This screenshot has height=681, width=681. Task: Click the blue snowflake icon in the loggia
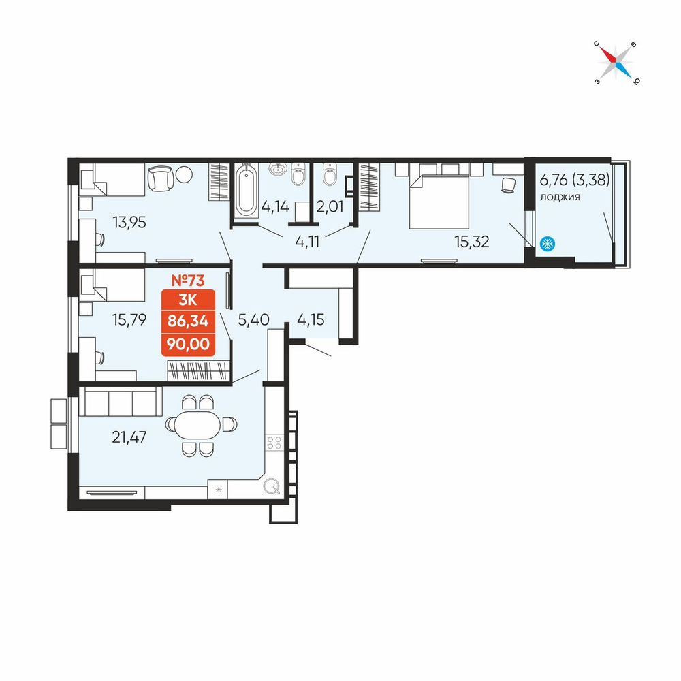tap(548, 244)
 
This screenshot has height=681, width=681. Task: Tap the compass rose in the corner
tap(616, 63)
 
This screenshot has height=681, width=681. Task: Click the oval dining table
tap(198, 425)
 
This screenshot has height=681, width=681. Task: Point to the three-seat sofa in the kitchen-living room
tap(121, 401)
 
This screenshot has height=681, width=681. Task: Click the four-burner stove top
tap(274, 443)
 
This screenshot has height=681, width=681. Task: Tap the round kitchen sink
tap(272, 486)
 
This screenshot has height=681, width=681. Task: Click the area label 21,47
tap(129, 437)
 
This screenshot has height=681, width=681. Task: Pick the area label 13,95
tap(129, 223)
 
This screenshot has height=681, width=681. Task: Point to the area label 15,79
tap(129, 319)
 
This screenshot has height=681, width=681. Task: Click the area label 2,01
tap(330, 206)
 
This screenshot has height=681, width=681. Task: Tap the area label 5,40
tap(253, 319)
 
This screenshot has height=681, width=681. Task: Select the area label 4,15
tap(311, 319)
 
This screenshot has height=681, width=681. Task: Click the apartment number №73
tap(188, 281)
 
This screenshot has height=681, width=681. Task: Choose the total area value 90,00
tap(188, 344)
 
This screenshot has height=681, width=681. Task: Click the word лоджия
tap(560, 197)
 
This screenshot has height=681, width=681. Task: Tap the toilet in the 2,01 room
tap(330, 174)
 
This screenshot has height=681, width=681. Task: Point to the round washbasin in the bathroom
tap(277, 168)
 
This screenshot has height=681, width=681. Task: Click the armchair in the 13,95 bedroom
tap(161, 178)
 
